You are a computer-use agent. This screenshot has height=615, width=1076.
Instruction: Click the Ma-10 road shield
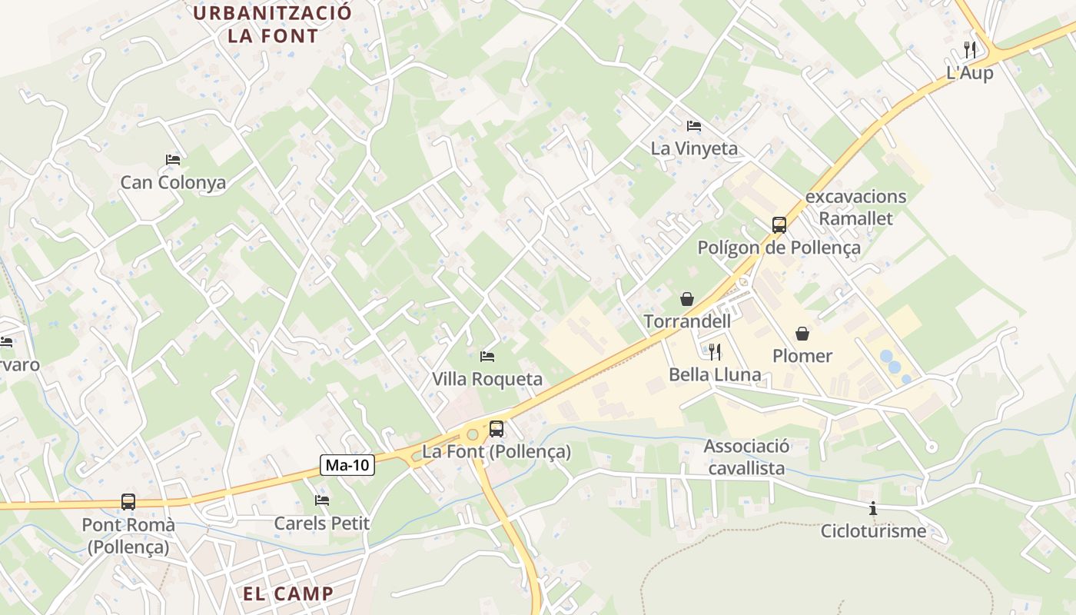click(x=347, y=465)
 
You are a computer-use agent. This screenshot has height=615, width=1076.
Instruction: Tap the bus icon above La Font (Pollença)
click(x=496, y=429)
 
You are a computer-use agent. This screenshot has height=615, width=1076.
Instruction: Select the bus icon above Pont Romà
click(x=128, y=502)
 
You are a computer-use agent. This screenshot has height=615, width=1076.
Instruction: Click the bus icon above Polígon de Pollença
click(x=779, y=225)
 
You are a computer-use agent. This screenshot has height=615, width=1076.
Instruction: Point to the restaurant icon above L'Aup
click(x=970, y=50)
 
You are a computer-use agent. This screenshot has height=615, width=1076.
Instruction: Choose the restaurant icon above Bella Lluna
click(x=715, y=352)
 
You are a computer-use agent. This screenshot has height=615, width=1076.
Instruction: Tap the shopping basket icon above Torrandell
click(x=686, y=298)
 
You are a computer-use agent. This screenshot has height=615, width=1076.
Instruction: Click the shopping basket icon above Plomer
click(x=802, y=334)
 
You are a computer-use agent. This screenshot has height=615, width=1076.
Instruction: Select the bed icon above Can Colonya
click(x=173, y=160)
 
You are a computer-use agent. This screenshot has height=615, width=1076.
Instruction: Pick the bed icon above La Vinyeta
click(x=694, y=126)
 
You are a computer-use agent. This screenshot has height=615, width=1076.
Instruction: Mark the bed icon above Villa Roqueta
click(x=487, y=357)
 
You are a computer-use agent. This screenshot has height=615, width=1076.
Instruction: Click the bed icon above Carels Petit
click(x=322, y=500)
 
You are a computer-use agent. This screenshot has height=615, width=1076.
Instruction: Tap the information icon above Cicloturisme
click(x=873, y=508)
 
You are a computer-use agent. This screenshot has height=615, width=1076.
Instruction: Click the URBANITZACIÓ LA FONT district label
click(x=272, y=25)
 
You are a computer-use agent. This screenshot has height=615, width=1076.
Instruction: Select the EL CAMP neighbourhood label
click(x=288, y=593)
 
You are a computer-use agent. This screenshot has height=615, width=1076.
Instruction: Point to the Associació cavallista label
click(x=746, y=457)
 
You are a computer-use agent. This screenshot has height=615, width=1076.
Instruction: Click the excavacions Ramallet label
click(x=855, y=208)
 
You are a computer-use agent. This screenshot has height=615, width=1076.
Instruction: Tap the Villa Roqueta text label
click(x=487, y=379)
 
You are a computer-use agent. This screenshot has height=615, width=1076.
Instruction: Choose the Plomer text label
click(x=802, y=356)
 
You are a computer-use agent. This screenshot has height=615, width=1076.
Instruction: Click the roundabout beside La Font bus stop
click(x=472, y=434)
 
